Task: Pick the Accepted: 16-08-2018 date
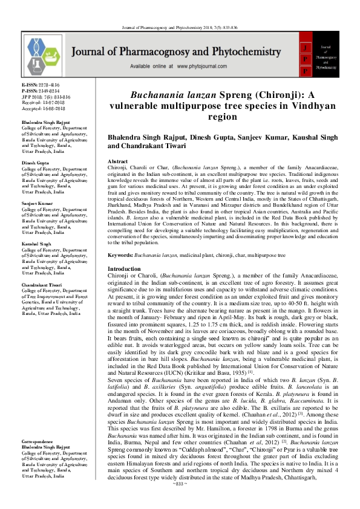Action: (x=45, y=109)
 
